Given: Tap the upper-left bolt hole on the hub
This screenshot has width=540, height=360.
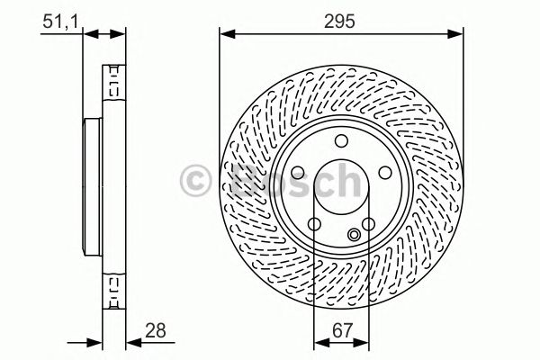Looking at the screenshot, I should [x=298, y=171].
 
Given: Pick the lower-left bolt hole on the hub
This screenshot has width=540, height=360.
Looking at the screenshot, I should [x=313, y=223].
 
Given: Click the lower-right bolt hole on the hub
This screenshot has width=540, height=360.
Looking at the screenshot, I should [x=367, y=223].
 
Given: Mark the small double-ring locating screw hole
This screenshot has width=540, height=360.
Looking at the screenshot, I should [x=354, y=236].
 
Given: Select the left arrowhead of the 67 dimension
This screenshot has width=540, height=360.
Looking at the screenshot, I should [x=316, y=342].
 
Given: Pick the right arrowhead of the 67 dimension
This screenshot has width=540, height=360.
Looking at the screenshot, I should [x=364, y=342].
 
